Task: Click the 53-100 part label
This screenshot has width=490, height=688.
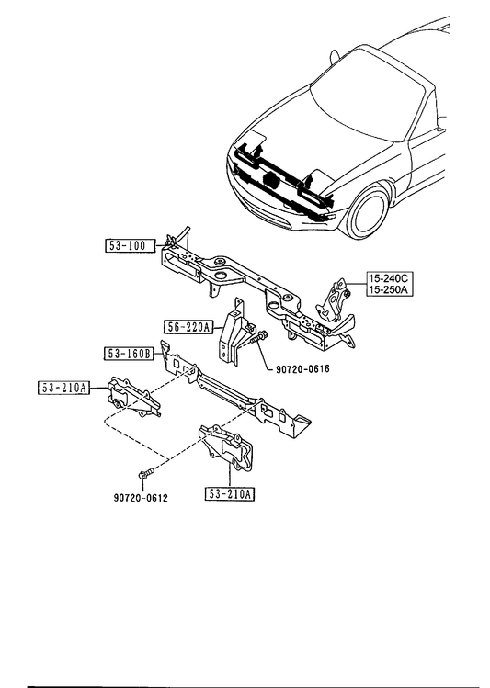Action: pyautogui.click(x=131, y=246)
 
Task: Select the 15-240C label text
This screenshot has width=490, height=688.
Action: pyautogui.click(x=390, y=278)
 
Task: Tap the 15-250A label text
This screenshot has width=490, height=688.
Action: pyautogui.click(x=390, y=289)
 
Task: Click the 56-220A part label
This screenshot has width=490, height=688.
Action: pyautogui.click(x=188, y=327)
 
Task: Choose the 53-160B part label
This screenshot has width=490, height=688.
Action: pyautogui.click(x=129, y=354)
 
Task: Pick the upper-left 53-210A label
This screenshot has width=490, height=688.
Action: pyautogui.click(x=63, y=388)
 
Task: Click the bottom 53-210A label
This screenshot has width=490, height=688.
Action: pyautogui.click(x=230, y=494)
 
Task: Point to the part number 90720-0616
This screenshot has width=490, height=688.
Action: pyautogui.click(x=302, y=369)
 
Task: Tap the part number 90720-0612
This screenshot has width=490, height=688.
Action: pyautogui.click(x=141, y=498)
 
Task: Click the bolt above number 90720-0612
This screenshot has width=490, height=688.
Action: pyautogui.click(x=146, y=474)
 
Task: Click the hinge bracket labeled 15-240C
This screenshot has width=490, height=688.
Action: pyautogui.click(x=334, y=300)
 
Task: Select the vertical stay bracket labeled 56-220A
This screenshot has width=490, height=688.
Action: pyautogui.click(x=234, y=333)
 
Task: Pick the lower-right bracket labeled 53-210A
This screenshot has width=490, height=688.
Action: pyautogui.click(x=227, y=447)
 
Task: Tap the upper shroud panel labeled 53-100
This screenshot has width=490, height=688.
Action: pyautogui.click(x=259, y=289)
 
